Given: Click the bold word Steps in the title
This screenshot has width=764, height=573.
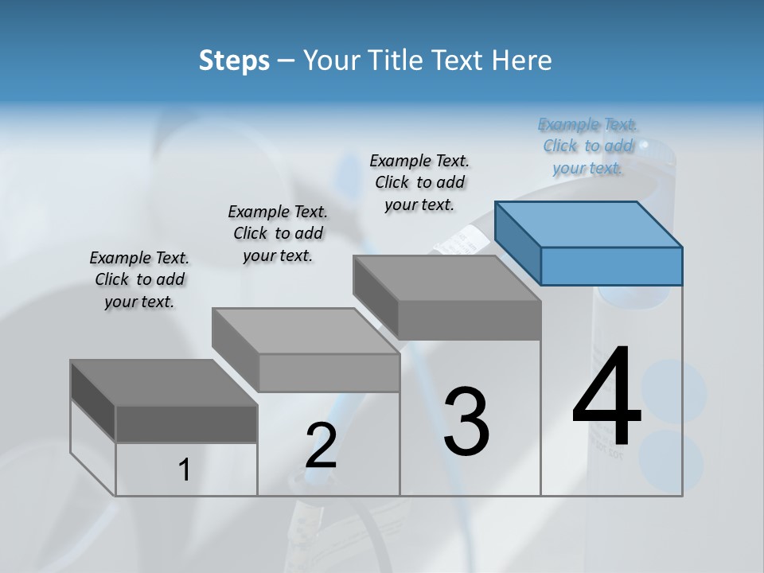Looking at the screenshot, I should tap(234, 60).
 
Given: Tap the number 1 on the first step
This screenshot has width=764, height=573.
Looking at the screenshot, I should tap(185, 470).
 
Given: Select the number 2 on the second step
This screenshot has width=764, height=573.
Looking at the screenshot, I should tap(321, 446).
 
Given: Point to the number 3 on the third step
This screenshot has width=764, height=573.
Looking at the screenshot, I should tap(466, 421).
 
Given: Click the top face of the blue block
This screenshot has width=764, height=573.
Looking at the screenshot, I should tap(589, 224).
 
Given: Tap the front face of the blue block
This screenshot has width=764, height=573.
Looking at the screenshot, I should tap(611, 266).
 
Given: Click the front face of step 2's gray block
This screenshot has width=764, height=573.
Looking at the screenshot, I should tap(329, 372).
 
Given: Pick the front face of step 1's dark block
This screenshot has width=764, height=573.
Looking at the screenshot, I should tap(186, 423).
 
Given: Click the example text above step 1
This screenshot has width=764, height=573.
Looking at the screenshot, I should tap(139, 279).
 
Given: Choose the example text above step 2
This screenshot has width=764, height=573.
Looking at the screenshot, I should tap(278, 233).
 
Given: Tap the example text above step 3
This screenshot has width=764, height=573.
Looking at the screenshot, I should tap(419, 182).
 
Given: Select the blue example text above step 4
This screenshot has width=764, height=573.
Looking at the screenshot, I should tap(587, 146).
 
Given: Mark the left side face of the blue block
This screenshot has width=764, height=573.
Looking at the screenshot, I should tap(517, 243).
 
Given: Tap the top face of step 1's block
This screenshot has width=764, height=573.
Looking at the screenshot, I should tap(163, 383).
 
